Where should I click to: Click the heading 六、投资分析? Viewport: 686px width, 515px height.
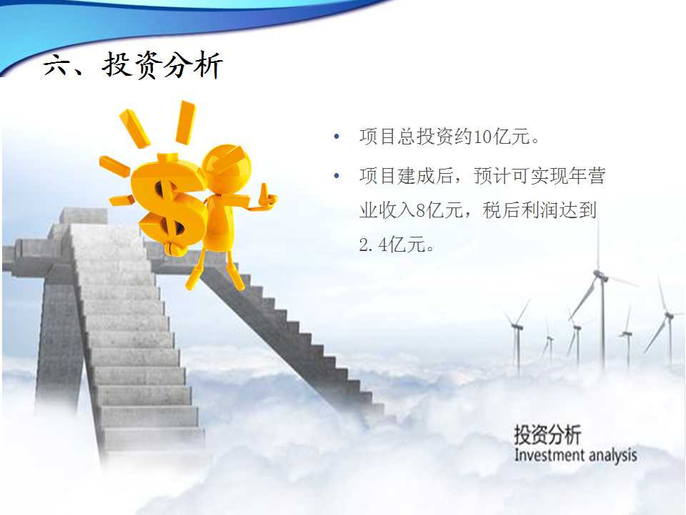tap(133, 65)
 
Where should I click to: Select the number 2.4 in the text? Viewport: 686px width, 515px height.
tap(373, 245)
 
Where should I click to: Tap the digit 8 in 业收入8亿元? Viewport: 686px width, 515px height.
tap(421, 210)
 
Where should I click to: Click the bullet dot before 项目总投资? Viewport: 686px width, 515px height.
tap(337, 137)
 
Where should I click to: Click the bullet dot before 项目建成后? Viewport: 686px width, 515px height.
tap(337, 176)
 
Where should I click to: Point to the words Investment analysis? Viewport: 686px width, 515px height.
tap(575, 456)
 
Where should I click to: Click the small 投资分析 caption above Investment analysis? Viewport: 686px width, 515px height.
tap(548, 434)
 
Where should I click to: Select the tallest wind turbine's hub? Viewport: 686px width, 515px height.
tap(600, 275)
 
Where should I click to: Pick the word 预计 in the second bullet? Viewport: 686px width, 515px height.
tap(492, 176)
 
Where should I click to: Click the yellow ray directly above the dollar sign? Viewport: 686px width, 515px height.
tap(185, 122)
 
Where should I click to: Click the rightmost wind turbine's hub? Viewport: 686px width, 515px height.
tap(668, 315)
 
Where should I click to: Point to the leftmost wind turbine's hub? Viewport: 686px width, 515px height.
tap(517, 326)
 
